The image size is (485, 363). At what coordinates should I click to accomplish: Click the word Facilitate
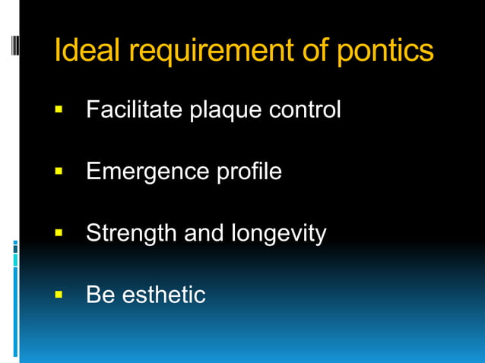[132, 110]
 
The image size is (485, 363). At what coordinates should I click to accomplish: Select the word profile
[247, 172]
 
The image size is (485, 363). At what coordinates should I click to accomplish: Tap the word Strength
[132, 233]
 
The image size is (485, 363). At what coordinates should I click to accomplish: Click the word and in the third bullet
[204, 232]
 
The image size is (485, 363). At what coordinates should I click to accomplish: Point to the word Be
[100, 294]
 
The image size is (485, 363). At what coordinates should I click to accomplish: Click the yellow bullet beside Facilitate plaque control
[59, 111]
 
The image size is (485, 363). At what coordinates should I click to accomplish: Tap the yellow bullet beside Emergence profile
[59, 172]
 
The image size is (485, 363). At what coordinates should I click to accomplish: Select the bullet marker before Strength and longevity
[59, 233]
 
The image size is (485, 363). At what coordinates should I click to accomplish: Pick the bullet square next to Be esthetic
[59, 295]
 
